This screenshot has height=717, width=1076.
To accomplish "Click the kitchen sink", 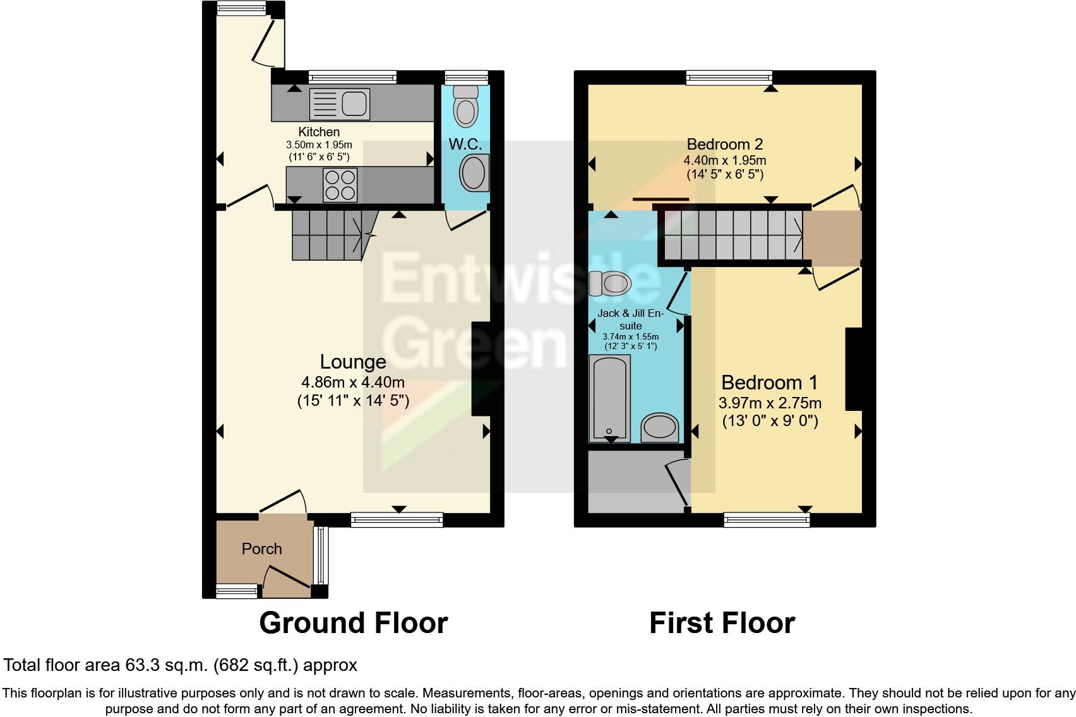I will click(339, 104).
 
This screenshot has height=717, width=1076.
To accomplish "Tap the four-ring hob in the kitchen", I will click(340, 184).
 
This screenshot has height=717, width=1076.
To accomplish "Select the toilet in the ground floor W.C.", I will click(466, 105).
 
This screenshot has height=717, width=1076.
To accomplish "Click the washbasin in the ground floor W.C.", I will click(474, 173).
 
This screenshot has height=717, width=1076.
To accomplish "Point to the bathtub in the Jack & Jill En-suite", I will click(610, 398).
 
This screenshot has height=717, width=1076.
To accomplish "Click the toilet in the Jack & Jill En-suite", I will click(610, 283).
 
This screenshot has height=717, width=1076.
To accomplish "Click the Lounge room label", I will click(353, 362).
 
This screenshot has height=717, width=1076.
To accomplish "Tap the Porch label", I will click(261, 548).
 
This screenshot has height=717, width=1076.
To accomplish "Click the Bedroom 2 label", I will click(725, 144).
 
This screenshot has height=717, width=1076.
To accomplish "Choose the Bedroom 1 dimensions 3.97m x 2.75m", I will click(770, 403).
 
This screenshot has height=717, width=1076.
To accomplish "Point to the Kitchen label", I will click(319, 132).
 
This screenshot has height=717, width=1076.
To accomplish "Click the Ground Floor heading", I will click(353, 623).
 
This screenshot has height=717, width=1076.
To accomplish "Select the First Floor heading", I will click(722, 623).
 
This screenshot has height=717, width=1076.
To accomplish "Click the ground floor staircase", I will click(329, 235).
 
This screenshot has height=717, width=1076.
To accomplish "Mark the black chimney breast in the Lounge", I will click(481, 369).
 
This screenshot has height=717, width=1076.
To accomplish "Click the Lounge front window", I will click(397, 519).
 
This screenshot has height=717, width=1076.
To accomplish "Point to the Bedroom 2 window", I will click(729, 78).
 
